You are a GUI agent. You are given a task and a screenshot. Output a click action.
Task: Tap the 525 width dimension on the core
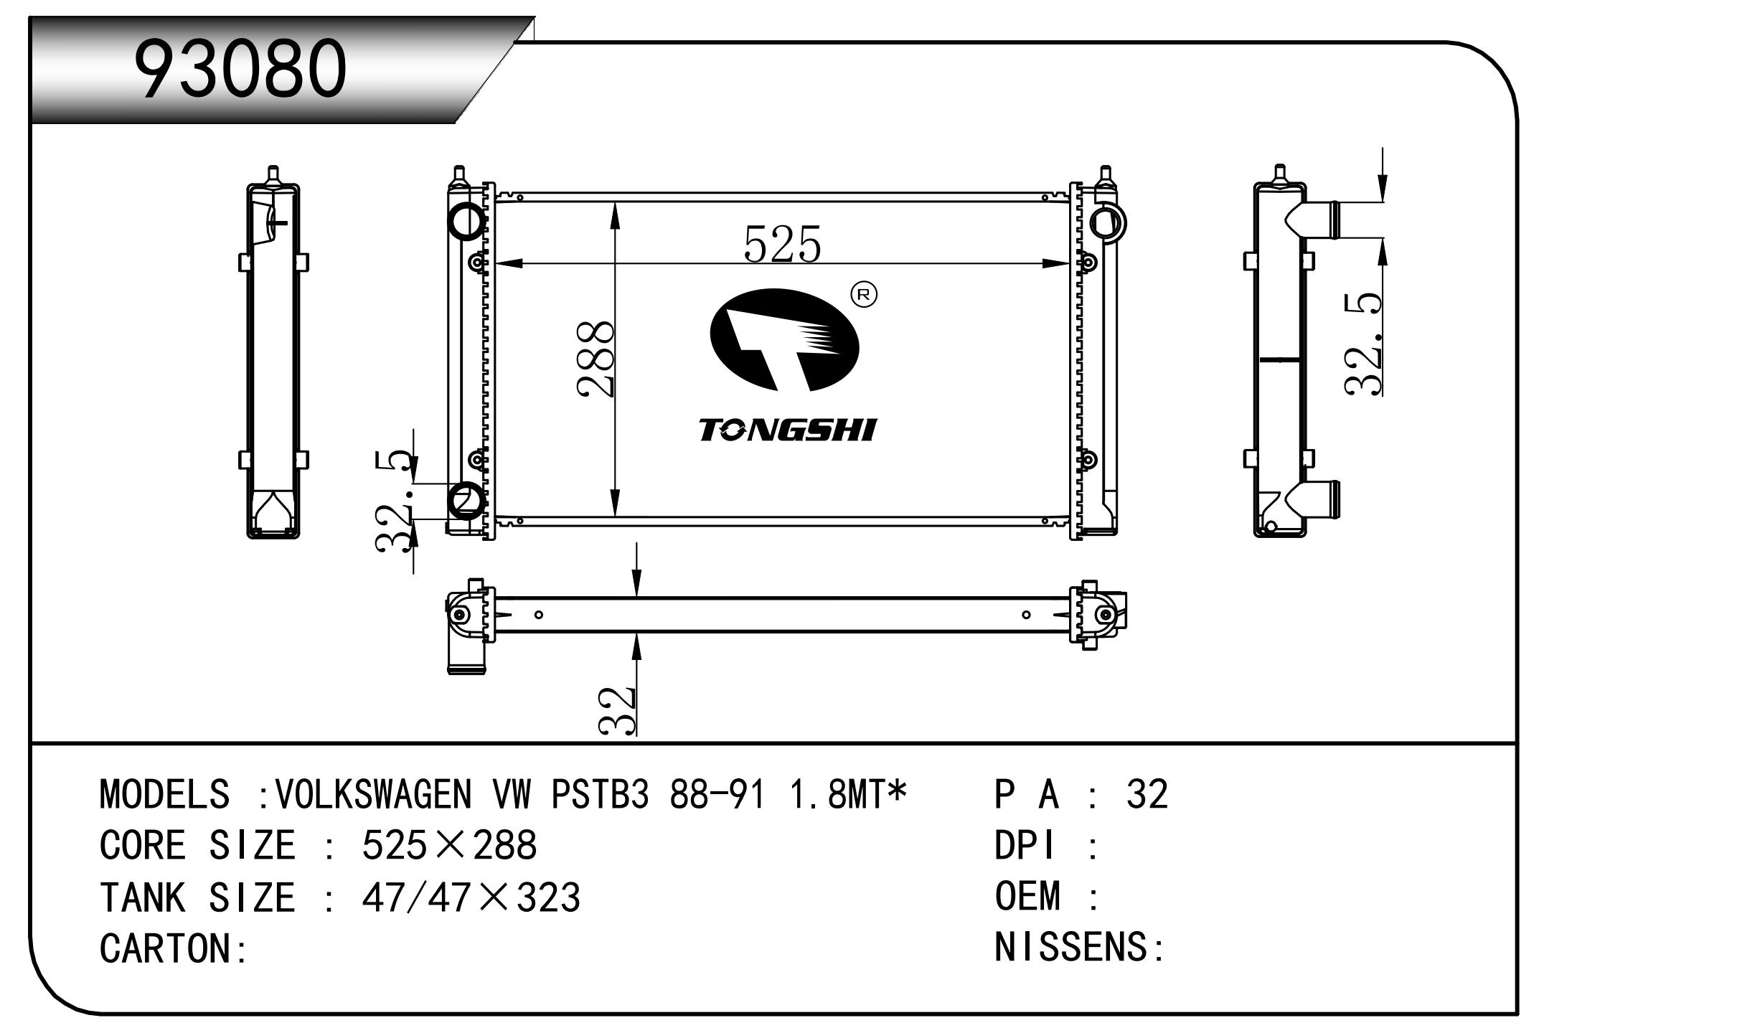(x=782, y=243)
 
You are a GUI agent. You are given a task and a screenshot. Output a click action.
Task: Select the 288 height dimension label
(x=596, y=358)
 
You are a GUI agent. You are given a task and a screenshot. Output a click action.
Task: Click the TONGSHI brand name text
(x=787, y=430)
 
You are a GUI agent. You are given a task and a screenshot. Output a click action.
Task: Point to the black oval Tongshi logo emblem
(x=784, y=341)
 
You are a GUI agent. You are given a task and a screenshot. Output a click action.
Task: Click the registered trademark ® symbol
(x=863, y=294)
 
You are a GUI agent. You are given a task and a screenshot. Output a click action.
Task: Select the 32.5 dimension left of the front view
(x=395, y=501)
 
